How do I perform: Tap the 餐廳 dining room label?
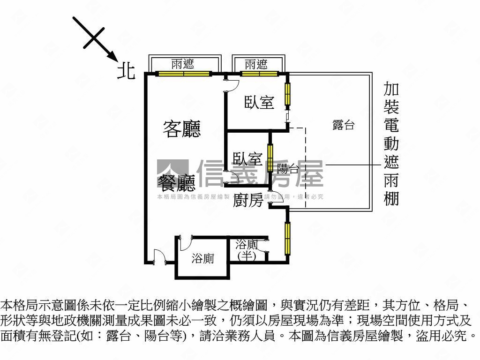point(176,183)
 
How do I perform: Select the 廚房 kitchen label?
point(248,200)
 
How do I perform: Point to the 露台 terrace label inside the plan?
point(343,125)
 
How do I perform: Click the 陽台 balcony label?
point(288,169)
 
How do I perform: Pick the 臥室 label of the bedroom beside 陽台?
point(247,159)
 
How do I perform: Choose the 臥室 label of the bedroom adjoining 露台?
point(259,102)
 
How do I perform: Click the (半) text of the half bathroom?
point(247,255)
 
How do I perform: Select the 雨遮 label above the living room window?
point(182,64)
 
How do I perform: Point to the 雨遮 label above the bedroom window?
point(256,64)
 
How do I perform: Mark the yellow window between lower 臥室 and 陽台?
point(270,156)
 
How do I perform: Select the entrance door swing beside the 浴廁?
point(160,257)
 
